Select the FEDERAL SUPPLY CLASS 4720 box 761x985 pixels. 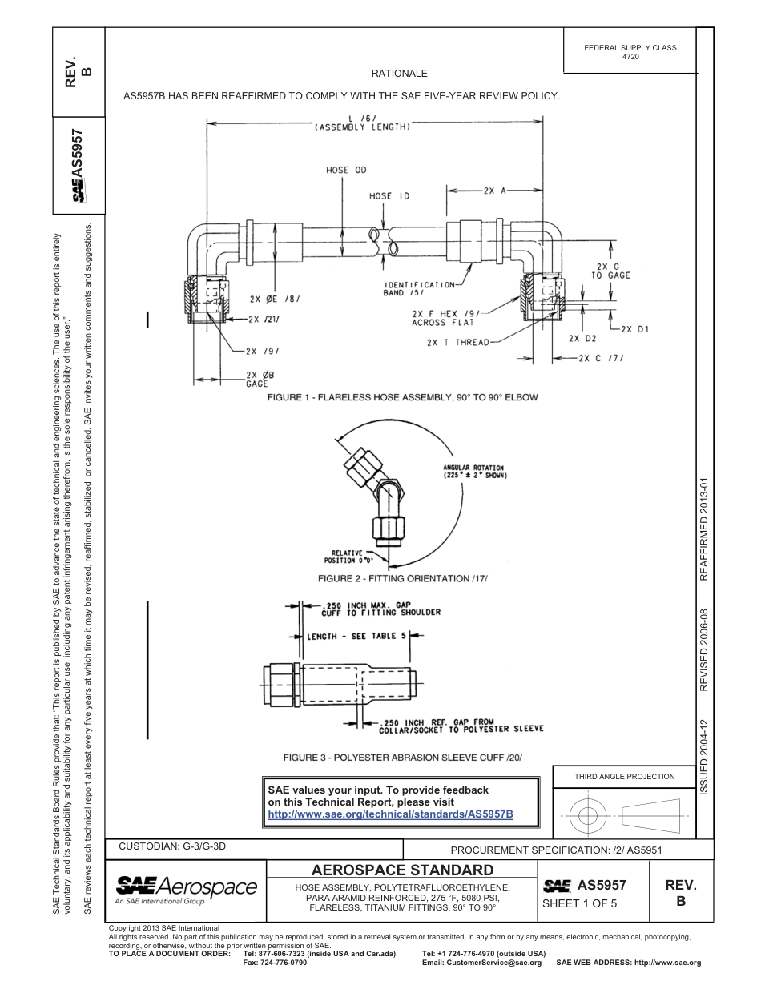630,52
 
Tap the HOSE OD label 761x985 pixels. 346,170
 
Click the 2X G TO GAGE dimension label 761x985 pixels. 610,271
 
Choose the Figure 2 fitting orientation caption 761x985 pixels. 402,578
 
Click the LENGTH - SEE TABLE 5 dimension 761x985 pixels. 357,636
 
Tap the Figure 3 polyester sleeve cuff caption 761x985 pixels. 402,757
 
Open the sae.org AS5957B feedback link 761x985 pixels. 390,814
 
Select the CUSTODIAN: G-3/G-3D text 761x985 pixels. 167,846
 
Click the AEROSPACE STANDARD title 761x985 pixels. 402,870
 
